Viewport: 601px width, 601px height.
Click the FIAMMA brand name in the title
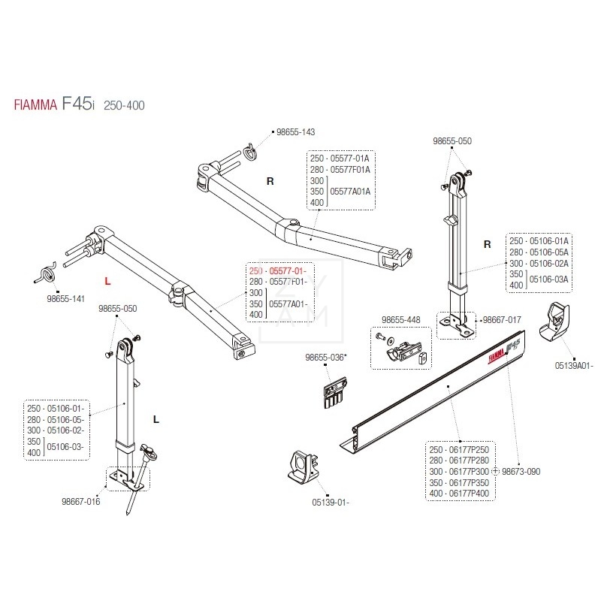(35, 105)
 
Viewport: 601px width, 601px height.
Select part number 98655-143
(295, 132)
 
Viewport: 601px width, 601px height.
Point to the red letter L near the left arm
(107, 281)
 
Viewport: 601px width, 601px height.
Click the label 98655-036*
(325, 358)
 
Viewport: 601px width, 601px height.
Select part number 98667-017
(503, 319)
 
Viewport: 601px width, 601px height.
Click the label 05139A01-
(574, 366)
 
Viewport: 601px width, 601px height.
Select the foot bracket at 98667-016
(120, 477)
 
